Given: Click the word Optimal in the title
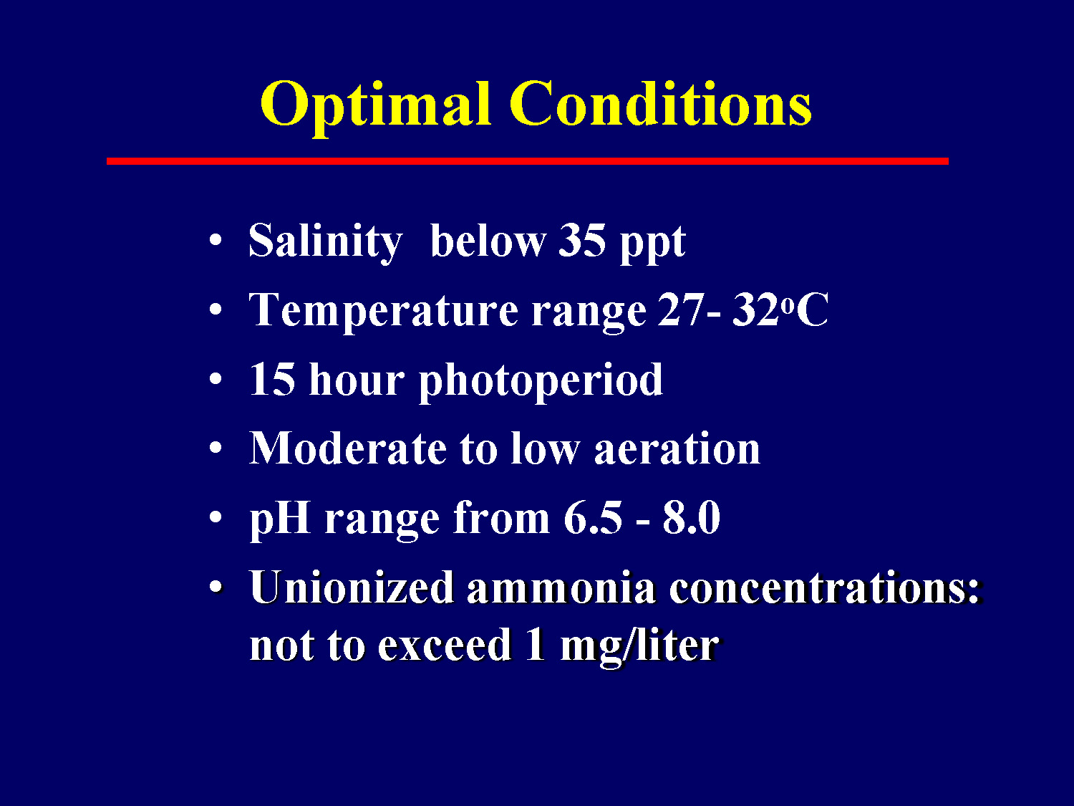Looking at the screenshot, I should (375, 105).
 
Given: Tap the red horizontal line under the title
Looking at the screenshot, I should (528, 161).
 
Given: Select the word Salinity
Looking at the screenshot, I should (325, 241).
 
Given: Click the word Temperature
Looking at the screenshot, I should (383, 311).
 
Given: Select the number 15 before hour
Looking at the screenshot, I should (272, 379).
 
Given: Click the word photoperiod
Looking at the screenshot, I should (541, 381).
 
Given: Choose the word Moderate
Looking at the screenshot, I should (348, 449).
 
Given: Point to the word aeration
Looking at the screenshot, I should (677, 449).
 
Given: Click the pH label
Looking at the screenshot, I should (280, 519).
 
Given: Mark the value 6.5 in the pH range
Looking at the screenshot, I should (592, 518).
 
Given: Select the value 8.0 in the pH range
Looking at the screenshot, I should (691, 518).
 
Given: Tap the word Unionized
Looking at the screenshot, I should (352, 588).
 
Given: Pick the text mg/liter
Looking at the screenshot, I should (639, 646).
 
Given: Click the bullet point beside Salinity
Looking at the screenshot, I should (216, 241).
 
